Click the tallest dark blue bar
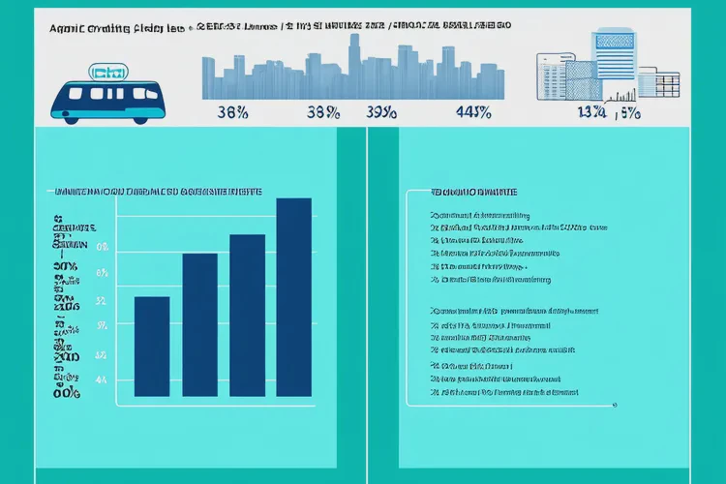[x=294, y=297]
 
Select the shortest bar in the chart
[x=152, y=346]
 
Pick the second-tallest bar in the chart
[x=247, y=315]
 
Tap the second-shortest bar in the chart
[x=199, y=324]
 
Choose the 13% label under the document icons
[x=590, y=111]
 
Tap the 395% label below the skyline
[x=383, y=111]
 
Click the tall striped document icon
[x=617, y=60]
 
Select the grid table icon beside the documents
[x=660, y=82]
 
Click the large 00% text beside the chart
[x=67, y=393]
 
